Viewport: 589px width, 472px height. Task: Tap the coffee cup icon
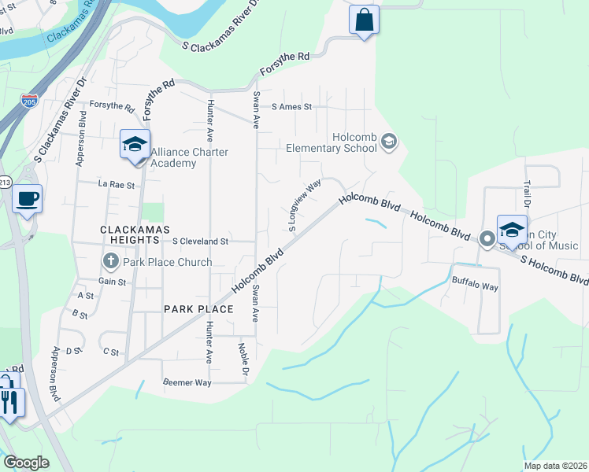click(27, 198)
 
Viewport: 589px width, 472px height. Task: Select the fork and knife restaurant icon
click(9, 403)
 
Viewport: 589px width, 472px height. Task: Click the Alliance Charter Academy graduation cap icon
click(135, 145)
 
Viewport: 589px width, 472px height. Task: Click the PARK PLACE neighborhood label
click(198, 309)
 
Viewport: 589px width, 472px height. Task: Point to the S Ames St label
click(291, 107)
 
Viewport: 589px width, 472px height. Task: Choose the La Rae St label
click(117, 185)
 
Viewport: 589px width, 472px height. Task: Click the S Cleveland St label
click(200, 242)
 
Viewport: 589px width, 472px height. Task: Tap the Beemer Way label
click(187, 382)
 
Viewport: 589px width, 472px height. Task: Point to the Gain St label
click(112, 281)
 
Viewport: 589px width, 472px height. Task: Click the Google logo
click(26, 463)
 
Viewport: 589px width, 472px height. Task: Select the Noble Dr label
click(245, 356)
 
